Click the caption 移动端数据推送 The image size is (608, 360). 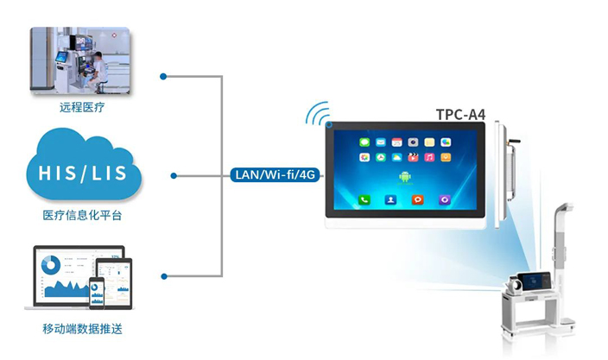pyautogui.click(x=83, y=329)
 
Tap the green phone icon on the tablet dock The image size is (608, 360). pyautogui.click(x=364, y=199)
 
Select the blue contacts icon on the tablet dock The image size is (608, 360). pyautogui.click(x=391, y=199)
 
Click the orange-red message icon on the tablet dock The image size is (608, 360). pyautogui.click(x=418, y=199)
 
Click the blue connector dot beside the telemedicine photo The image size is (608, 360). pyautogui.click(x=164, y=76)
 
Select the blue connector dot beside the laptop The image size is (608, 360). pyautogui.click(x=164, y=275)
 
